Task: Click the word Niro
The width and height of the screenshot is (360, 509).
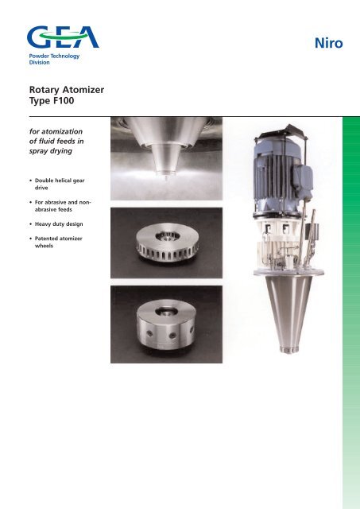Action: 327,44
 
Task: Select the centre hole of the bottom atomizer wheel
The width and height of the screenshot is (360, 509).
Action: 168,305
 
